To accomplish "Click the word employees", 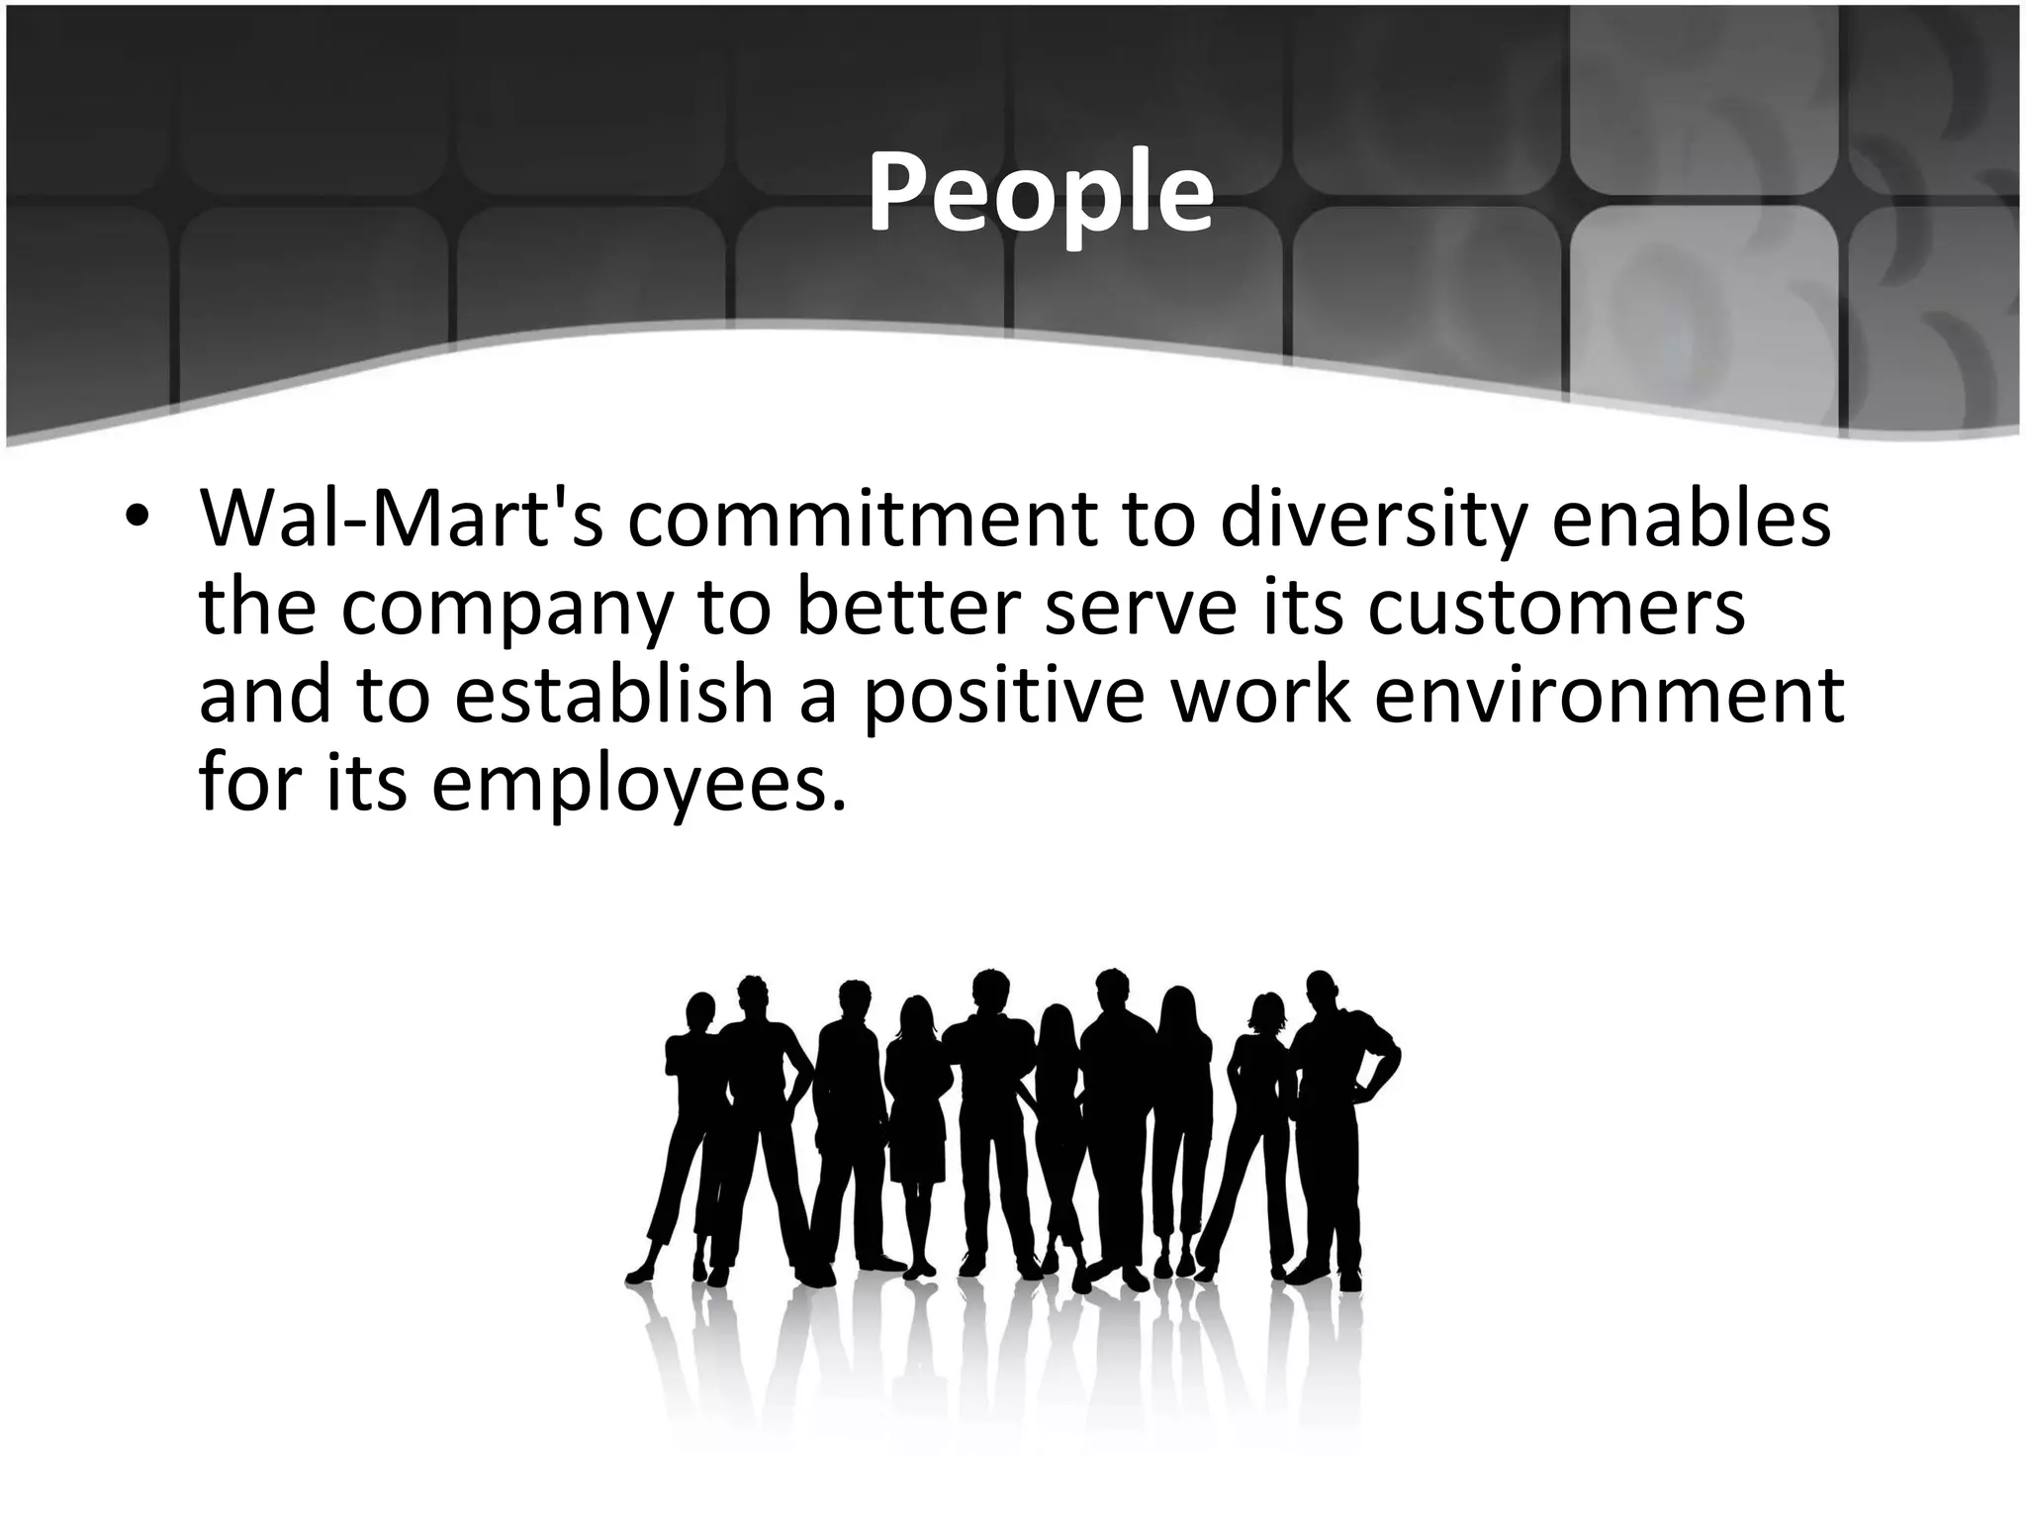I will pos(638,785).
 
